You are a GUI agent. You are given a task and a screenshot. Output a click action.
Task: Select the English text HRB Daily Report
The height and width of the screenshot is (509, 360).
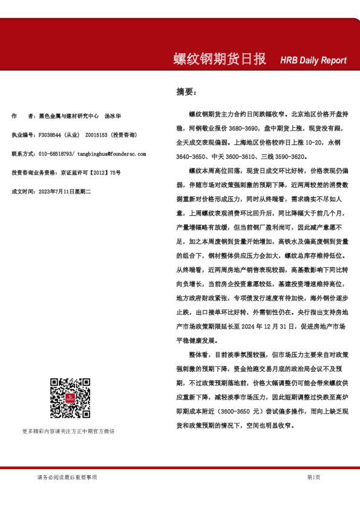pyautogui.click(x=313, y=60)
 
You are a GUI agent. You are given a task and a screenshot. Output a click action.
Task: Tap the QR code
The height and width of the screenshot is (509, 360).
pyautogui.click(x=71, y=398)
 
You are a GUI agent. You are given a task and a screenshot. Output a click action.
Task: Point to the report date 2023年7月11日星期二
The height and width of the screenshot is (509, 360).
pyautogui.click(x=64, y=191)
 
